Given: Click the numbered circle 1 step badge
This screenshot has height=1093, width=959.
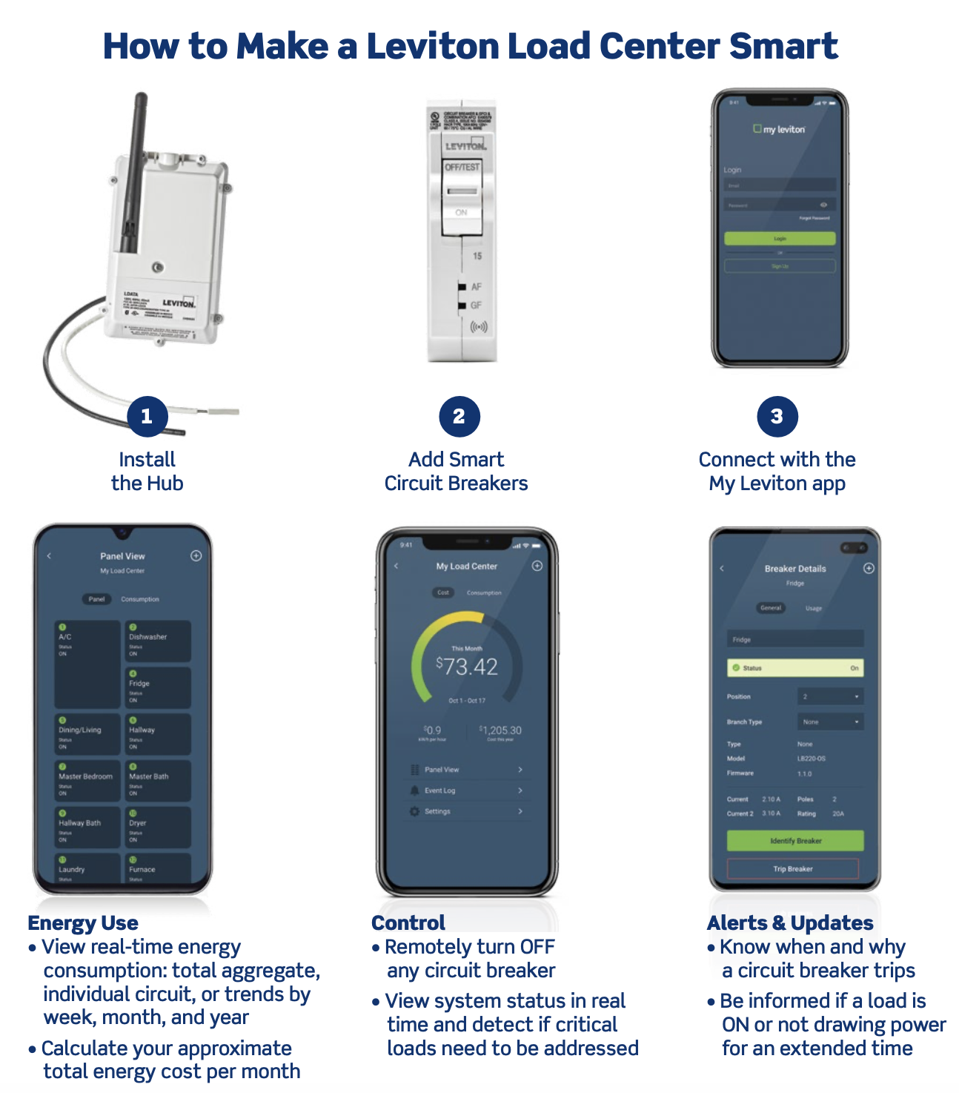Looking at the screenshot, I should click(x=147, y=416).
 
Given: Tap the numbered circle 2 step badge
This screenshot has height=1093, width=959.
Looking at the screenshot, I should click(x=459, y=416).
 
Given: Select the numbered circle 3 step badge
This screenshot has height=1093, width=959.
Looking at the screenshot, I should click(x=777, y=416).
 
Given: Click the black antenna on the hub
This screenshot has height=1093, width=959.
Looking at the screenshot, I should click(x=134, y=171).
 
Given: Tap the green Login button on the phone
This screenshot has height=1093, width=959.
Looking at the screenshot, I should click(x=779, y=239).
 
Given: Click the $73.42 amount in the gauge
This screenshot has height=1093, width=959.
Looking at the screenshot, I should click(x=467, y=667).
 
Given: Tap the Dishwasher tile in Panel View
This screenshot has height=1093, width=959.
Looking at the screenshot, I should click(x=157, y=641).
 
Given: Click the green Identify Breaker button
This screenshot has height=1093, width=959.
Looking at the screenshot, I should click(x=795, y=841).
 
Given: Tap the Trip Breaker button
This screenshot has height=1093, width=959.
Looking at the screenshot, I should click(x=793, y=868).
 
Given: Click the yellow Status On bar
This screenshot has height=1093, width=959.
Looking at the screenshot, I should click(x=795, y=668).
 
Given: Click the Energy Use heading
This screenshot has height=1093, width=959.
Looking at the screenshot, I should click(x=83, y=923).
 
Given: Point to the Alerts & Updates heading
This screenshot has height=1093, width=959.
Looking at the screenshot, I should click(x=790, y=923).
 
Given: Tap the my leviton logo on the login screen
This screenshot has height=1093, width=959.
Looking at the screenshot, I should click(x=779, y=129).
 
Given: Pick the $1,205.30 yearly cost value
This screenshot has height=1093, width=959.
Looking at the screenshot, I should click(x=501, y=731).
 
